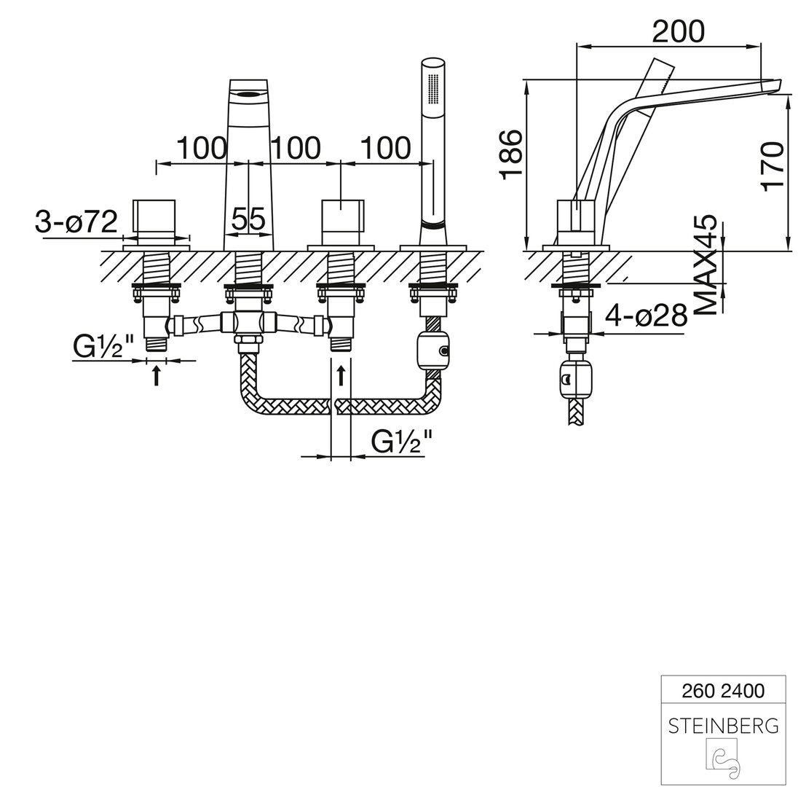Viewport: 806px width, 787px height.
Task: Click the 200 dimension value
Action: pyautogui.click(x=678, y=31)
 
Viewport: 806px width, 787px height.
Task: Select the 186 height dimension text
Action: pyautogui.click(x=511, y=153)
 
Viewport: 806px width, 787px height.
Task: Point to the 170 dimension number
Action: pyautogui.click(x=773, y=165)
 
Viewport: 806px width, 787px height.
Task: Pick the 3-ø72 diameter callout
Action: pyautogui.click(x=76, y=222)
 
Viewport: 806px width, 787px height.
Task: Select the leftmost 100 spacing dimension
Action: pyautogui.click(x=201, y=148)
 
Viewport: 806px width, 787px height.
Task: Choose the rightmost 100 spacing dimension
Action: pyautogui.click(x=385, y=148)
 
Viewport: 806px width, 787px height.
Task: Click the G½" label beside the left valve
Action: pyautogui.click(x=103, y=347)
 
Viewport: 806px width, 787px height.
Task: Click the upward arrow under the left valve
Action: pyautogui.click(x=157, y=375)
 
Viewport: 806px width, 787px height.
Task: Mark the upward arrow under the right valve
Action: pyautogui.click(x=341, y=375)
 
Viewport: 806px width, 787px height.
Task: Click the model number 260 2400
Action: pyautogui.click(x=723, y=691)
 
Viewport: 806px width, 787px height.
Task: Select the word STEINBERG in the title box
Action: pyautogui.click(x=723, y=726)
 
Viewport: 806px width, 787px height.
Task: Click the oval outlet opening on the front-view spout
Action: pyautogui.click(x=248, y=94)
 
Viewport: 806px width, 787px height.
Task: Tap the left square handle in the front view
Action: pyautogui.click(x=154, y=219)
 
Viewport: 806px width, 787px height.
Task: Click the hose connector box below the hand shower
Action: pyautogui.click(x=433, y=351)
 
